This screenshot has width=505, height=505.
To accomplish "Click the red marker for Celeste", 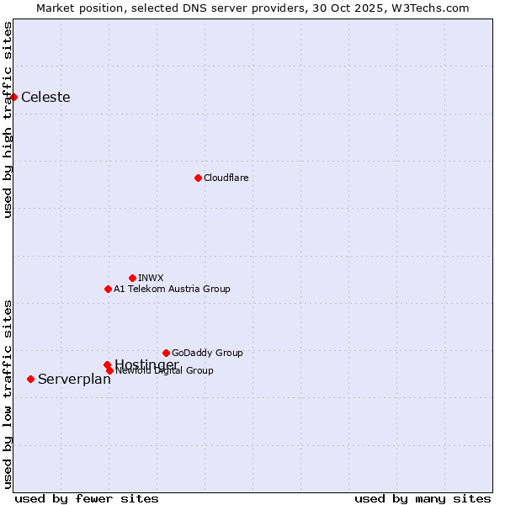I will (13, 97).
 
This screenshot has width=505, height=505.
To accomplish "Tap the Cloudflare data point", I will (198, 178).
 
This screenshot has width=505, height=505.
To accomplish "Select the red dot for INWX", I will (132, 278).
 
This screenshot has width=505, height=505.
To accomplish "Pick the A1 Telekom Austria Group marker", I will (108, 289).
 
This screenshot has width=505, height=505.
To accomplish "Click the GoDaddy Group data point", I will (166, 353).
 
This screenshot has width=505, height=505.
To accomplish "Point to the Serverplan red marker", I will (30, 379).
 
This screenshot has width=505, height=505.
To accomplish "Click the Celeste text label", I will (45, 97).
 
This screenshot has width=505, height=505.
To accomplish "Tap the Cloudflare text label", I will (226, 178).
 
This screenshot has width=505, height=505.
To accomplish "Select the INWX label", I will (151, 278).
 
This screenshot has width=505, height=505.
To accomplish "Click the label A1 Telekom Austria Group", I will (172, 289).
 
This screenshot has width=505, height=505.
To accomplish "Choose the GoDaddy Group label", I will (207, 353).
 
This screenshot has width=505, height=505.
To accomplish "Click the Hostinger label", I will (146, 364).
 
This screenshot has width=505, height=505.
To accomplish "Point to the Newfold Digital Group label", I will (165, 371).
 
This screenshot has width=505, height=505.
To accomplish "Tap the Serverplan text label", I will (74, 379).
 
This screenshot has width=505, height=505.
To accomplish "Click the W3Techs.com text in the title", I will (434, 8).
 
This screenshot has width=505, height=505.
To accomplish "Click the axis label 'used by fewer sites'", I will (87, 498).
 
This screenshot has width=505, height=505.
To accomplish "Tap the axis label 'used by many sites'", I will (423, 498).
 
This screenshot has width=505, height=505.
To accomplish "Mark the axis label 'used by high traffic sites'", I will (8, 120).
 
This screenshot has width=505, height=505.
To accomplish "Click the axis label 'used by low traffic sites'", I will (8, 393).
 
